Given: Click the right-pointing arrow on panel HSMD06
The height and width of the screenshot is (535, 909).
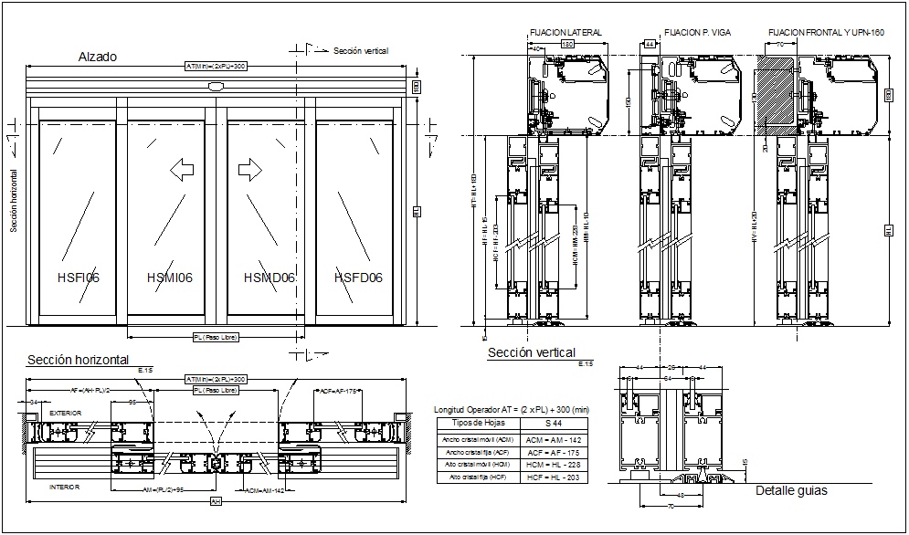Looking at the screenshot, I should click(249, 169).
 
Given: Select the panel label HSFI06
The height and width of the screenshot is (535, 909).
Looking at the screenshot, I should click(78, 278).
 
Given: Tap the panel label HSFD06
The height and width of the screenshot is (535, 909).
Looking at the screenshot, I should click(358, 278).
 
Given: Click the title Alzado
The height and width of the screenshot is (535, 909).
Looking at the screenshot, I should click(98, 57).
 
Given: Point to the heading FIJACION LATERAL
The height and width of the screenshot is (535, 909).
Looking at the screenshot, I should click(565, 33).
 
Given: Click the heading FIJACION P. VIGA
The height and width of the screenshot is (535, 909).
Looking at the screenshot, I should click(695, 33).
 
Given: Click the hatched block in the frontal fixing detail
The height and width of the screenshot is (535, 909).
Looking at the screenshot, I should click(775, 89).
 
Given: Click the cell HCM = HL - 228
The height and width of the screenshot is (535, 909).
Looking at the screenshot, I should click(554, 465).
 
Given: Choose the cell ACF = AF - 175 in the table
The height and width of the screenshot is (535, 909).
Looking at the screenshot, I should click(554, 452).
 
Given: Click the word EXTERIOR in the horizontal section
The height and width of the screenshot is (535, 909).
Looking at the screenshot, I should click(65, 414).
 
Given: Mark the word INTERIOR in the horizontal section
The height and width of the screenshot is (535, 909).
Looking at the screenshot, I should click(64, 488).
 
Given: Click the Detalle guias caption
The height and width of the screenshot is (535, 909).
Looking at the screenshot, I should click(791, 491).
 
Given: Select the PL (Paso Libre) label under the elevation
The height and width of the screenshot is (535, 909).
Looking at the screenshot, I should click(216, 337).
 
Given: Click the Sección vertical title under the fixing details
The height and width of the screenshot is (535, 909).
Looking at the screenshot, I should click(532, 352).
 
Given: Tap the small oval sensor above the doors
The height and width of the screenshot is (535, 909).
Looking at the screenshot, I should click(216, 88).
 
